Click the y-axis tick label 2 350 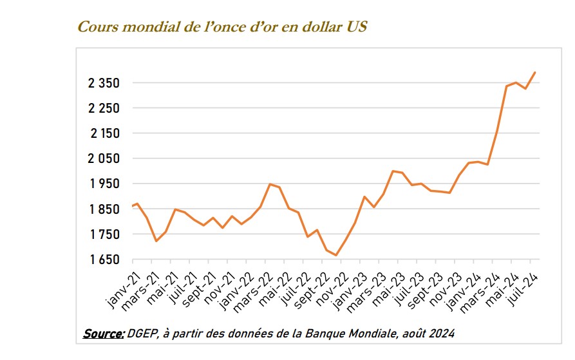point(104,83)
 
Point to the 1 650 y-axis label point(104,260)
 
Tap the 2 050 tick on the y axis point(104,158)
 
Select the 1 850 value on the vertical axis point(104,209)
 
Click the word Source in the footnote point(103,334)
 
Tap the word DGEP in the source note point(141,334)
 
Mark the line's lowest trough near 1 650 point(336,256)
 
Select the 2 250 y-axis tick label point(104,108)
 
